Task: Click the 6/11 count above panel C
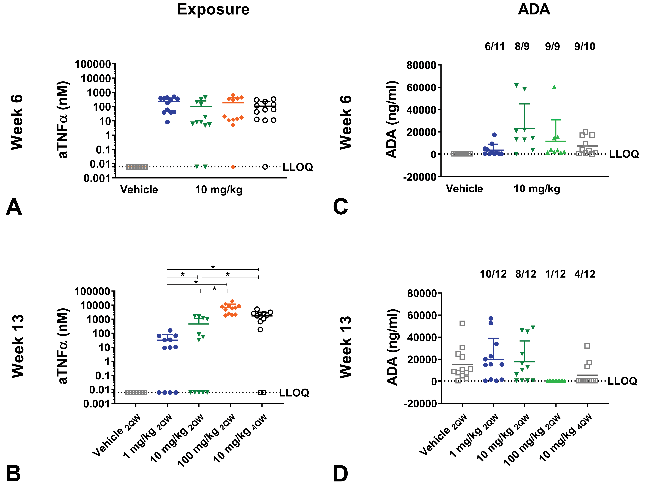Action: coord(495,46)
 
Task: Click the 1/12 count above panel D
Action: coord(555,274)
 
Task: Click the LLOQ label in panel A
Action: coord(298,167)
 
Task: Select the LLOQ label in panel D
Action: coord(622,381)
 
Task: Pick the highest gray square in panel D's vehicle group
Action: coord(462,323)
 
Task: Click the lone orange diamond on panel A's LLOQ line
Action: coord(233,167)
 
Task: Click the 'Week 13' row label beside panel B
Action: coord(18,346)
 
